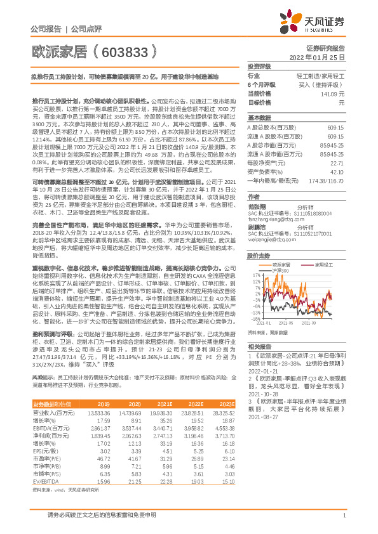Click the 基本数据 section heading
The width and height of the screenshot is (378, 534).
point(258,118)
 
